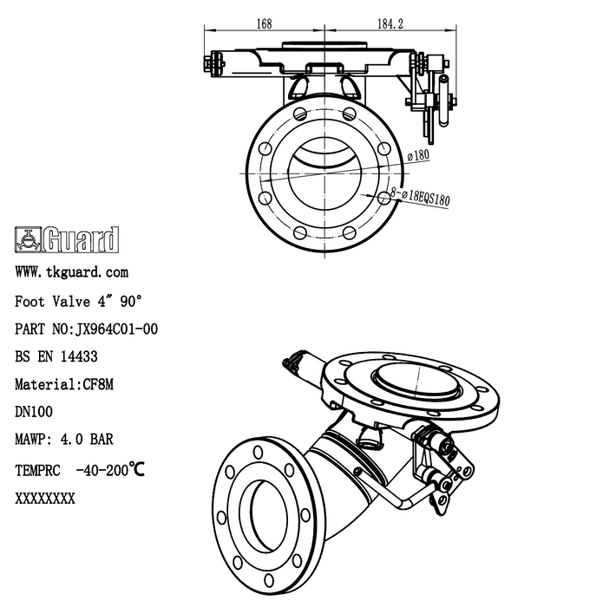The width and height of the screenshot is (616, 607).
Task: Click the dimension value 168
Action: [x=264, y=24]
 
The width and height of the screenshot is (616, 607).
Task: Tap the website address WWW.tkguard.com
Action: [x=72, y=272]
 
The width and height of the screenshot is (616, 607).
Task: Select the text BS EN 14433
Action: [x=56, y=356]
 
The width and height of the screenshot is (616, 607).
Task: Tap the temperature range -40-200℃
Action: [x=109, y=470]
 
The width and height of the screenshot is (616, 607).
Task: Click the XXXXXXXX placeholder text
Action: [x=45, y=499]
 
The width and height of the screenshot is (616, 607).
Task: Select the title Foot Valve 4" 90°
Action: [x=78, y=301]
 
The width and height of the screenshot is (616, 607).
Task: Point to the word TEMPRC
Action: [x=38, y=470]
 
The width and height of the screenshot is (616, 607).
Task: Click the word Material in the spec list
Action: [x=46, y=383]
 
